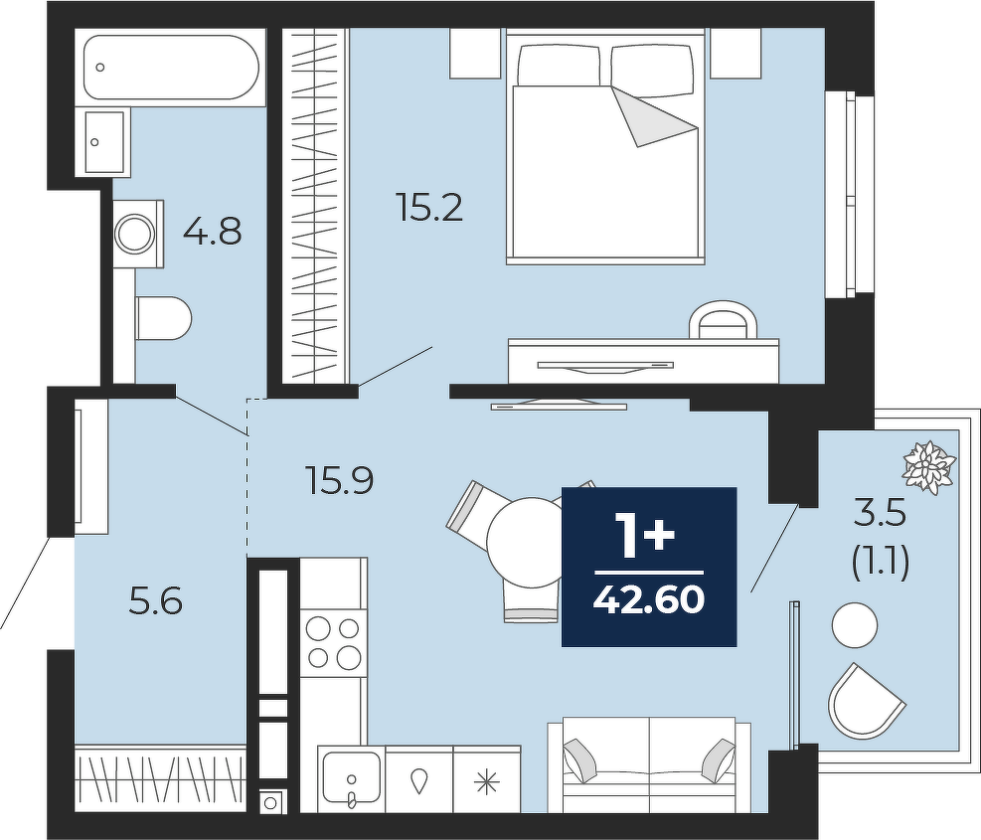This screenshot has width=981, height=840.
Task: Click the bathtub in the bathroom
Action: pyautogui.click(x=171, y=67)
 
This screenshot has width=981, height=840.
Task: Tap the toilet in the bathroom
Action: pyautogui.click(x=163, y=318)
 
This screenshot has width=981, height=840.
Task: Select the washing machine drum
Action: pyautogui.click(x=134, y=234)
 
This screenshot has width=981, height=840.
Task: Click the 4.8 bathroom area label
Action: pyautogui.click(x=212, y=231)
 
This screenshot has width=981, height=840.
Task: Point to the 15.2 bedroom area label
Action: pyautogui.click(x=429, y=207)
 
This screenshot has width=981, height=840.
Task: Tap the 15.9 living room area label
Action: pyautogui.click(x=340, y=481)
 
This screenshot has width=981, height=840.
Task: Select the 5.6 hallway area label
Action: pyautogui.click(x=155, y=601)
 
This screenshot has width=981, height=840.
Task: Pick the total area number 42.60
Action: pyautogui.click(x=649, y=600)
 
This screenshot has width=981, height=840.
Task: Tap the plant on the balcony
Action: pyautogui.click(x=929, y=468)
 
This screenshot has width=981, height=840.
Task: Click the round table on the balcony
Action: pyautogui.click(x=855, y=624)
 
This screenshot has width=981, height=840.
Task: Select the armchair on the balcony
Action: pyautogui.click(x=865, y=701)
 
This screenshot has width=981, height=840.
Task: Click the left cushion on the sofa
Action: pyautogui.click(x=581, y=759)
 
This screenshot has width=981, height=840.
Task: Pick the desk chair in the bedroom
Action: pyautogui.click(x=723, y=320)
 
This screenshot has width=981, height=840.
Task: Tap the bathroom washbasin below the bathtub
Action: pyautogui.click(x=104, y=142)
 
